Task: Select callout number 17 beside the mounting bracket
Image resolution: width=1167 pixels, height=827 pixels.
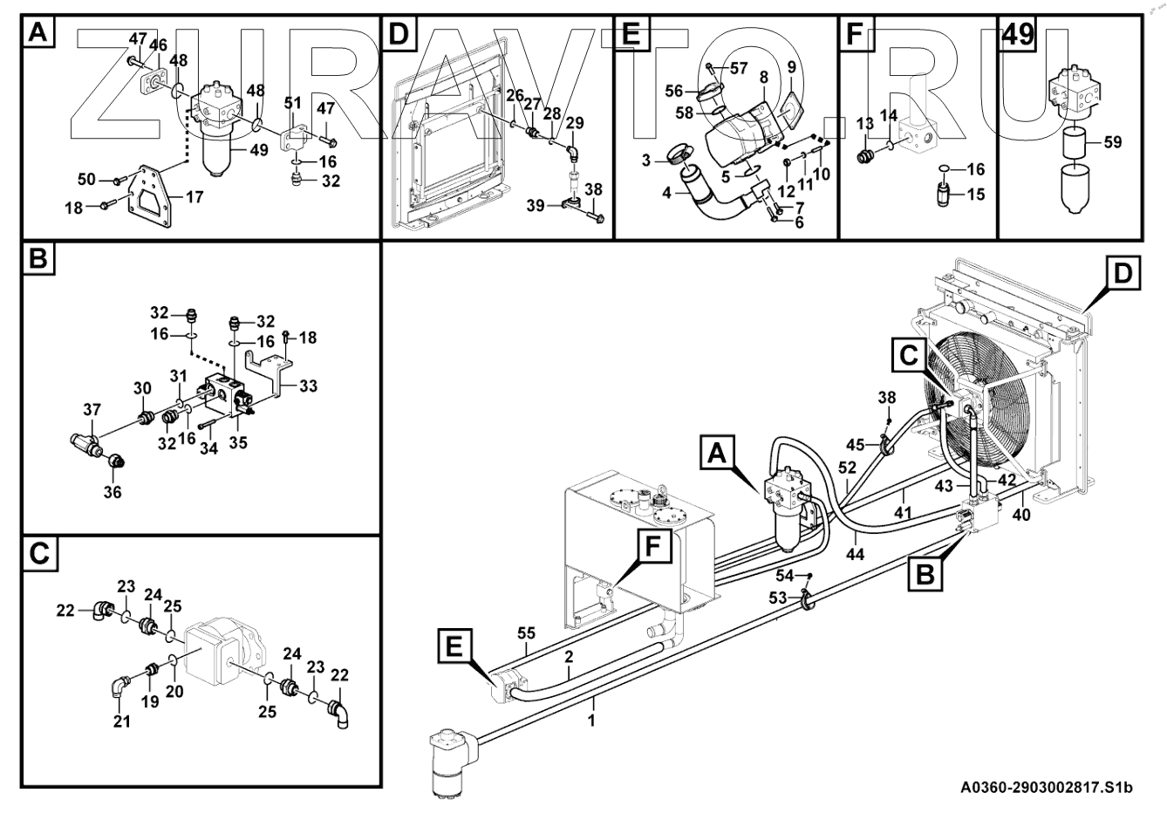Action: coord(194,197)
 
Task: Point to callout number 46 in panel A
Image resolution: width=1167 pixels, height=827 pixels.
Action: coord(158,45)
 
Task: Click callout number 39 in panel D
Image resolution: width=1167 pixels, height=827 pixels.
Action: coord(536,205)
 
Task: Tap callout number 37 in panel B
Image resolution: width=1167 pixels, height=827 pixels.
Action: coord(92,411)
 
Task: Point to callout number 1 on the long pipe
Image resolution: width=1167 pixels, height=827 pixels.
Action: coord(592,721)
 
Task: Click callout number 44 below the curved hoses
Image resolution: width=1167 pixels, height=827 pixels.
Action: coord(854,553)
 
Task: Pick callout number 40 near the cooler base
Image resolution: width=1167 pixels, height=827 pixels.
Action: coord(1021,515)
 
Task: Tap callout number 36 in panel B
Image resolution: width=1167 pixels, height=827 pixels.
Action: coord(113,492)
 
